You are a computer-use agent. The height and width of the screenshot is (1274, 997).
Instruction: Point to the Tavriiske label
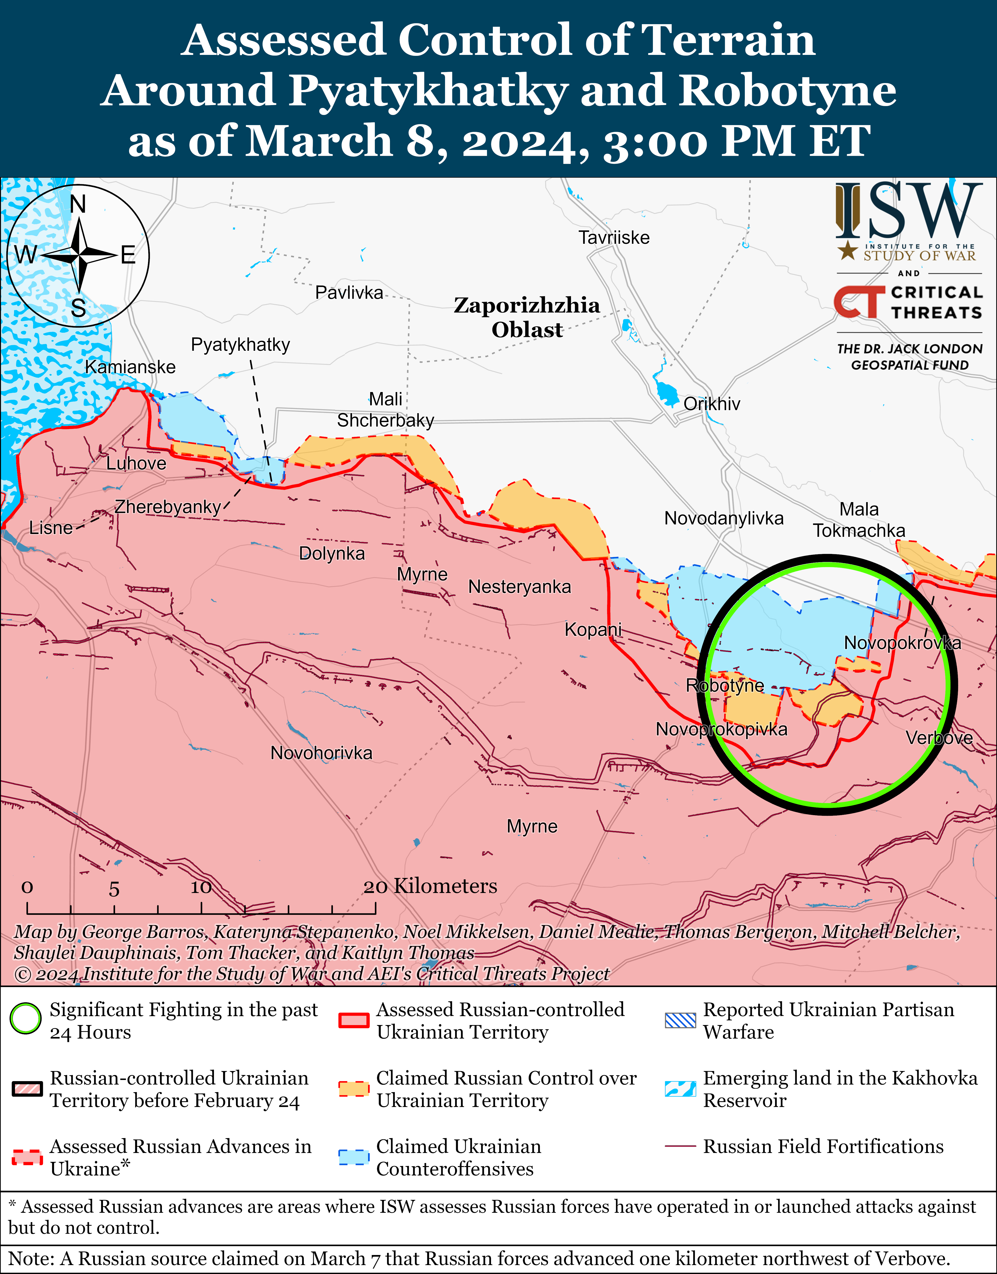613,238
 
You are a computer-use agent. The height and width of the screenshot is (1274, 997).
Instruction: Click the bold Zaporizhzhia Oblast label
526,317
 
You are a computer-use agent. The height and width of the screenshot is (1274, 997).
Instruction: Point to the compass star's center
78,255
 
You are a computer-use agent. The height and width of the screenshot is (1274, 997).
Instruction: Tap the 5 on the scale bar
114,889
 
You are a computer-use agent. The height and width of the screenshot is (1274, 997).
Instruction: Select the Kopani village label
593,629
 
